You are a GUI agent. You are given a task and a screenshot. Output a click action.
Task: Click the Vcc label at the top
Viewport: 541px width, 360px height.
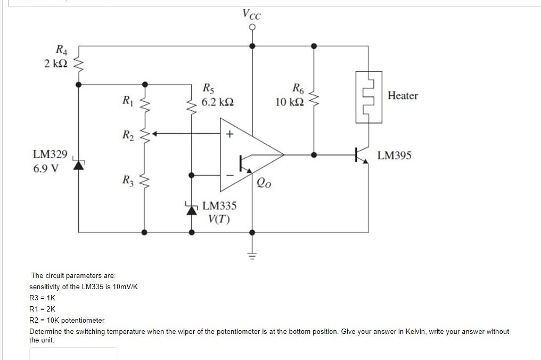pyautogui.click(x=252, y=13)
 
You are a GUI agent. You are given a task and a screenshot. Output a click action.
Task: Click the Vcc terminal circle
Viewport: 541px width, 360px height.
pyautogui.click(x=252, y=26)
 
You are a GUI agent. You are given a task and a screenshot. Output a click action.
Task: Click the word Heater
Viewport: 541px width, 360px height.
pyautogui.click(x=403, y=96)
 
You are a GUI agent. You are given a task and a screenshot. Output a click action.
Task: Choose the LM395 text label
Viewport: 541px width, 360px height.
pyautogui.click(x=394, y=156)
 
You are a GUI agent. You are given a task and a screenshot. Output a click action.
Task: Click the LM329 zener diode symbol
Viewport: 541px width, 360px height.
pyautogui.click(x=79, y=165)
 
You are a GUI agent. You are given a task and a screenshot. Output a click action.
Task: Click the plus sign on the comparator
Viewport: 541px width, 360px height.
pyautogui.click(x=229, y=134)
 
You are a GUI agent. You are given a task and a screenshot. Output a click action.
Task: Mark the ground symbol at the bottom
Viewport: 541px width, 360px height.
pyautogui.click(x=252, y=254)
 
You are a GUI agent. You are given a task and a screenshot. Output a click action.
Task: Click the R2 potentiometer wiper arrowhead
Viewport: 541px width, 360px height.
pyautogui.click(x=155, y=134)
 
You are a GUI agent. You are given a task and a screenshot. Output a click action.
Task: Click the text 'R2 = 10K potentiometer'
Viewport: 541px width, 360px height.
pyautogui.click(x=67, y=320)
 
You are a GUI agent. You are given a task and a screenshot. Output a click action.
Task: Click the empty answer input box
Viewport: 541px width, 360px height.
pyautogui.click(x=73, y=354)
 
